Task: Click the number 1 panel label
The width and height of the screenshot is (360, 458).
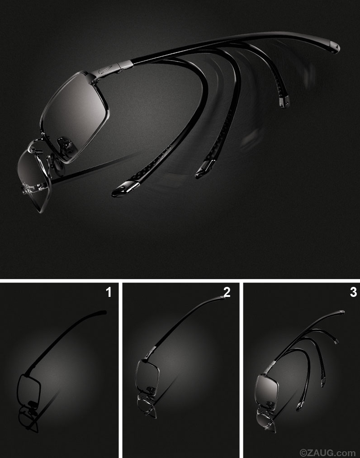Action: coord(109,292)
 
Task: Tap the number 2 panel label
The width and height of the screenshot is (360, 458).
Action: coord(227,292)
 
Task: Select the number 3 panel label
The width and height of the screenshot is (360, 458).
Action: coord(353,292)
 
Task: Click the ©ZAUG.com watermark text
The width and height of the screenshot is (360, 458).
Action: coord(327,453)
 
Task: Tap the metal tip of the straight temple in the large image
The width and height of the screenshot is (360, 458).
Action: coord(335,48)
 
